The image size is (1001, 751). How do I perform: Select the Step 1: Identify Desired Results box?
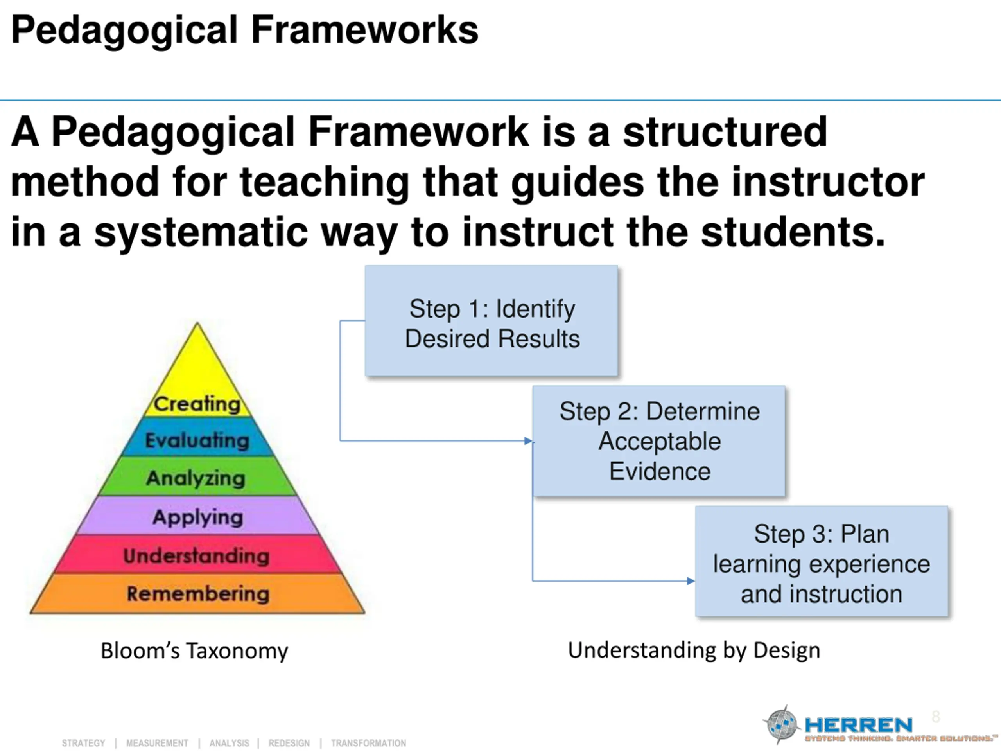coord(492,322)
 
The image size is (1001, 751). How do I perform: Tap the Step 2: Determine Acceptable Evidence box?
coord(659,441)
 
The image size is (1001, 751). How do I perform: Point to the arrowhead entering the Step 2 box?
coord(528,441)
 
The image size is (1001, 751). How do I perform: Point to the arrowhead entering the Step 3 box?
coord(691,581)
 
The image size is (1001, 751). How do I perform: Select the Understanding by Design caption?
coord(694,650)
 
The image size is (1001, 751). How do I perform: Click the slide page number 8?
coord(935,717)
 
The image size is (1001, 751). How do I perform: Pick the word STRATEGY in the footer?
coord(83,743)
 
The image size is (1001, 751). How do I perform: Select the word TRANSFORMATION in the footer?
coord(368,743)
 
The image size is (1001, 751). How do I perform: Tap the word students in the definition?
coord(792,232)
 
